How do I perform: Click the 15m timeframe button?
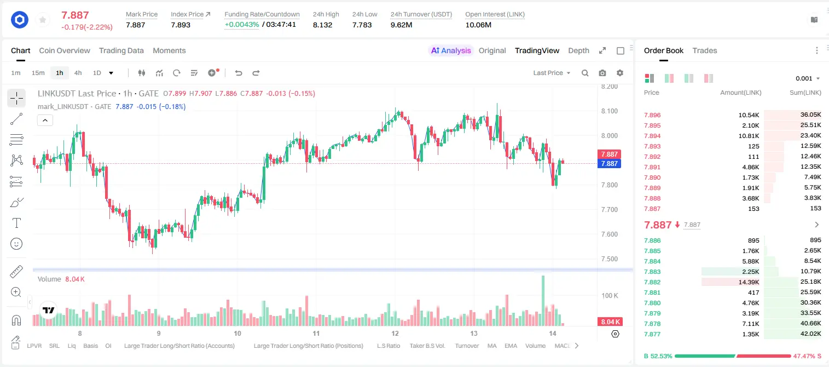coord(38,73)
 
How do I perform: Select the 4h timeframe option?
coord(78,73)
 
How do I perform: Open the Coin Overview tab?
coord(65,50)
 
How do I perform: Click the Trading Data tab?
coord(121,50)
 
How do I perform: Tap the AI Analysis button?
coord(451,50)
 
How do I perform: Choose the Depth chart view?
coord(578,50)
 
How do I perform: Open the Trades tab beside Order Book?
coord(705,50)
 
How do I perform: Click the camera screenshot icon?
coord(602,73)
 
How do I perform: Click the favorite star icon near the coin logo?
coord(43,20)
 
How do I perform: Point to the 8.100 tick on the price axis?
coord(609,111)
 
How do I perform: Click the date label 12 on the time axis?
coord(395,333)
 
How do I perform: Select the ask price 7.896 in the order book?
coord(652,115)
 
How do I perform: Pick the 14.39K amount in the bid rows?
coord(749,282)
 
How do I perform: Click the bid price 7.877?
coord(652,334)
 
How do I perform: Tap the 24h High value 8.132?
coord(322,25)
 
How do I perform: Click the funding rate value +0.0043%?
coord(242,25)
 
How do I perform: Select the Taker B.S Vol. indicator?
coord(427,346)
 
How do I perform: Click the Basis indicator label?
coord(91,346)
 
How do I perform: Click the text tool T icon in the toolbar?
coord(16,223)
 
